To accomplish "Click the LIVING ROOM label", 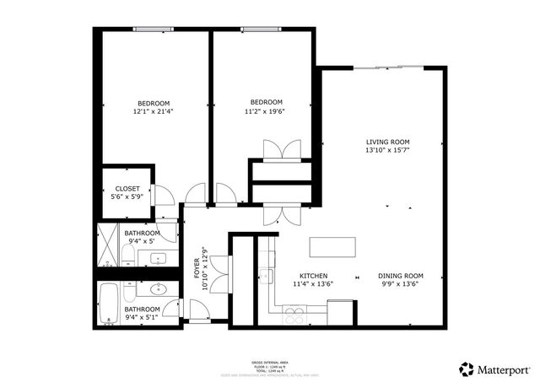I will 387,142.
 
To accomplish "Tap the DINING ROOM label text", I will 400,276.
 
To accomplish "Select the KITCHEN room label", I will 314,276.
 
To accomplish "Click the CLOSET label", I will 127,188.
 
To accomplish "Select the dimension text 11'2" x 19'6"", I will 264,110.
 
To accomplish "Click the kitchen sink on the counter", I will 266,275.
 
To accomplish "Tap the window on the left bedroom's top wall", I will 152,30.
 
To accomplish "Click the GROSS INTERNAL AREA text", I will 269,359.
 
